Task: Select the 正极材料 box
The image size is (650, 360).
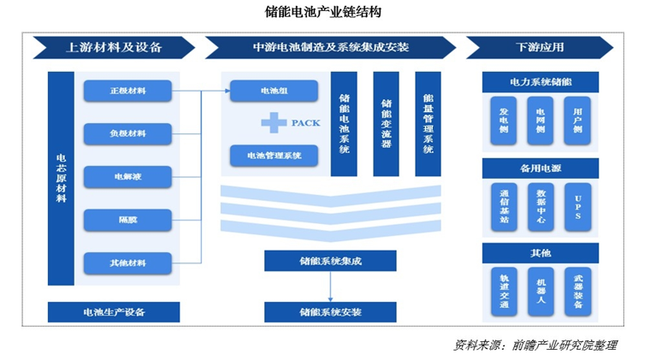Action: (x=127, y=90)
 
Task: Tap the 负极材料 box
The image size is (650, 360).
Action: (x=127, y=133)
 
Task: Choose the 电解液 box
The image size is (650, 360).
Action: (x=127, y=177)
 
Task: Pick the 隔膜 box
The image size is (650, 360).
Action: (x=127, y=220)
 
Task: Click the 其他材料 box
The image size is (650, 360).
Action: (x=127, y=263)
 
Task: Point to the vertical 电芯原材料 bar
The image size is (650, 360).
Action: (x=61, y=178)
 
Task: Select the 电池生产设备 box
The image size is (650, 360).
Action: (x=114, y=311)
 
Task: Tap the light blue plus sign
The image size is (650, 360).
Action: (x=274, y=123)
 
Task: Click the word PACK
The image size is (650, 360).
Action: (x=305, y=123)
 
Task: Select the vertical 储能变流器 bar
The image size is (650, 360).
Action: (x=386, y=124)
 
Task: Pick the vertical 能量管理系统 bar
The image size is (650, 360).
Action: (x=428, y=124)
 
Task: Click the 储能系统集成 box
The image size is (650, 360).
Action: (x=330, y=261)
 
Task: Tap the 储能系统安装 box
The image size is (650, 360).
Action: (x=330, y=311)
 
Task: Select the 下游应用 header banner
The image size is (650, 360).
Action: (x=540, y=47)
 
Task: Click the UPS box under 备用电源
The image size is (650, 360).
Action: (x=578, y=205)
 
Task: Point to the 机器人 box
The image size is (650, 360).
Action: (x=541, y=291)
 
